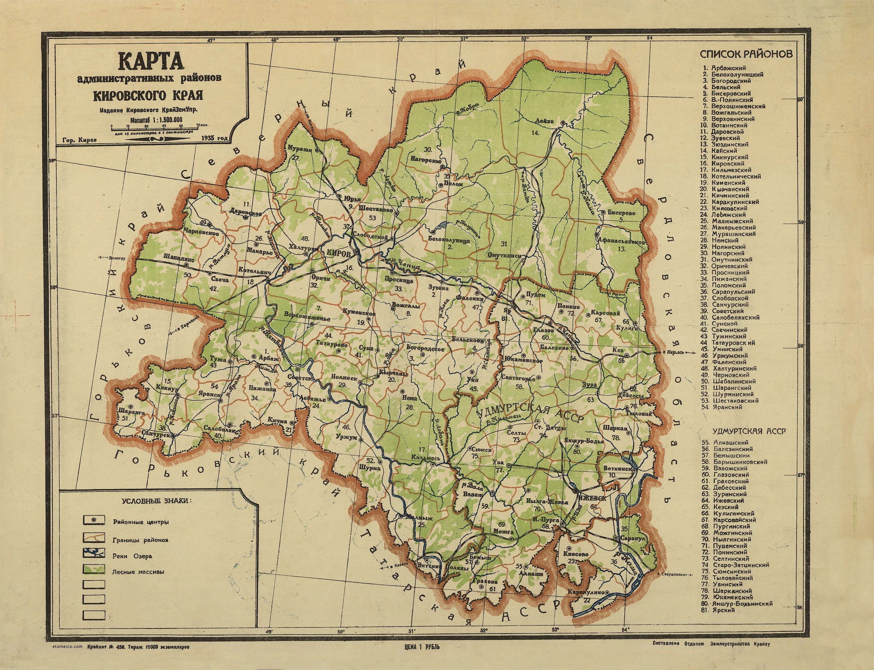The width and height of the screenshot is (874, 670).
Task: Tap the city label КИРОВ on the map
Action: click(338, 254)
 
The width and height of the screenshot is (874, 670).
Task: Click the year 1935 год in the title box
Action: click(215, 138)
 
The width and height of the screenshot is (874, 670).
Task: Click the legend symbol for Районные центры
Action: click(94, 521)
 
